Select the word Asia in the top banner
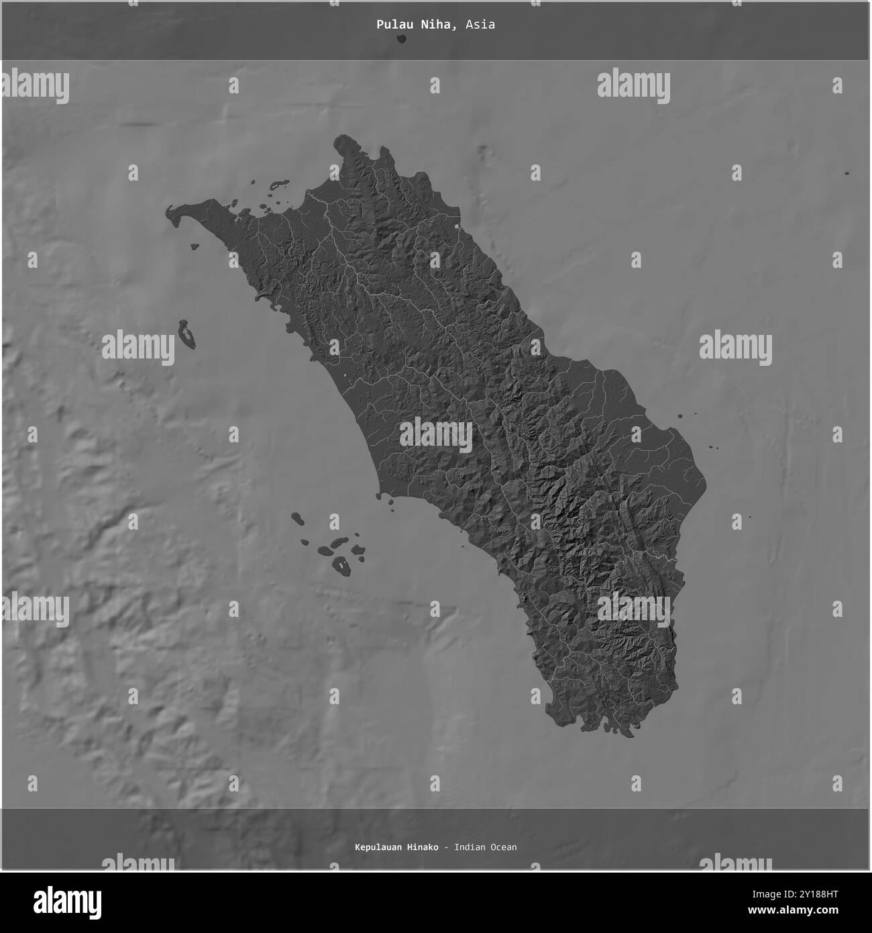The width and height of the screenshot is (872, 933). pos(482,24)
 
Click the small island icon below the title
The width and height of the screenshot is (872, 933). pos(401,39)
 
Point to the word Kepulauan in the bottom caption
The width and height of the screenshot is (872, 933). pos(376,847)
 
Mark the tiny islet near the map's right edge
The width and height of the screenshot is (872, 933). pos(847,173)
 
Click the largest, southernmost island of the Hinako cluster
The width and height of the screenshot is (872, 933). pos(342,565)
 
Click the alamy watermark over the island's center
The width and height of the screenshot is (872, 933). pos(436,435)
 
